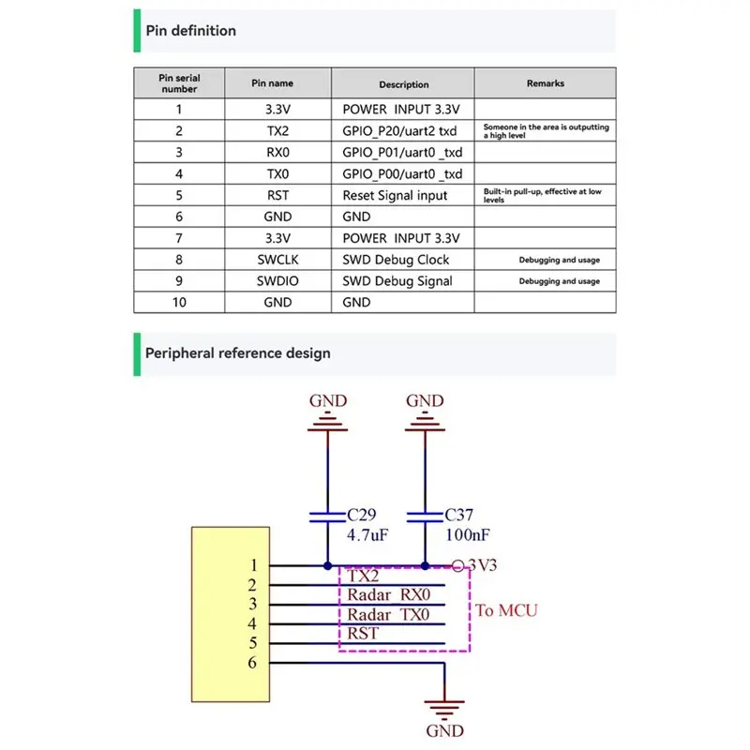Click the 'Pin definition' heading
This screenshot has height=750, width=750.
191,31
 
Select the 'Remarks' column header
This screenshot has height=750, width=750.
546,83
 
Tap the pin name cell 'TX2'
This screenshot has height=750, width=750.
277,130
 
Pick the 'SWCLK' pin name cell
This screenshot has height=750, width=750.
277,260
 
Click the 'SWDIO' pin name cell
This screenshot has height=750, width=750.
277,280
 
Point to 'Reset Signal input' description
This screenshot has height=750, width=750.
395,195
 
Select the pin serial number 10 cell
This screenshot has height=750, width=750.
179,302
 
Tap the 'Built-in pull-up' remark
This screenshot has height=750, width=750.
542,195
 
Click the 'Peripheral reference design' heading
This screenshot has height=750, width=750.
238,353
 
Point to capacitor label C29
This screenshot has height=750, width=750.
362,515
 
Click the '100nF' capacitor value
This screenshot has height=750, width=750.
467,534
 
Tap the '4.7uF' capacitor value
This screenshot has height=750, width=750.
367,534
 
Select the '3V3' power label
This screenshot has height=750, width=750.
482,565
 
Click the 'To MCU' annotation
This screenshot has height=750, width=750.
506,610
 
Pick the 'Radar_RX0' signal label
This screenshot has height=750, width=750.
388,594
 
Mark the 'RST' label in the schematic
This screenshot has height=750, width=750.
363,634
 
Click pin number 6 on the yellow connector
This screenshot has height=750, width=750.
252,663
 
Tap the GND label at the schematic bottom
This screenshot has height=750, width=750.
444,731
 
